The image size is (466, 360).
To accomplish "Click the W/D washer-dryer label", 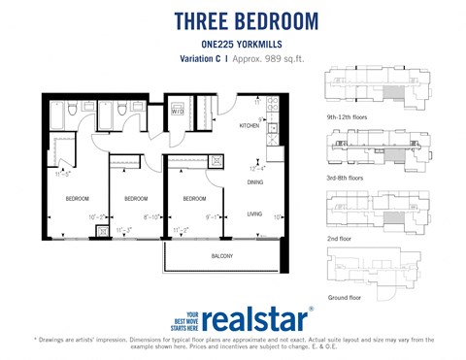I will [178, 112].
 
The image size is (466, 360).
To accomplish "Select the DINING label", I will [254, 181].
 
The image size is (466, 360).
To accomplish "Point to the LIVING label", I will [254, 213].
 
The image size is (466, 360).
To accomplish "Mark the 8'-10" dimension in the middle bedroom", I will [151, 217].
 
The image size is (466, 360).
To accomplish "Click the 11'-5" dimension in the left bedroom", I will [64, 176].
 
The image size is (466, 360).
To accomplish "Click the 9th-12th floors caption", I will [347, 116].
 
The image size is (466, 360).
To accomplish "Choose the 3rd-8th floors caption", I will [345, 178].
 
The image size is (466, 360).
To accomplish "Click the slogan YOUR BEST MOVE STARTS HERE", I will [192, 321].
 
